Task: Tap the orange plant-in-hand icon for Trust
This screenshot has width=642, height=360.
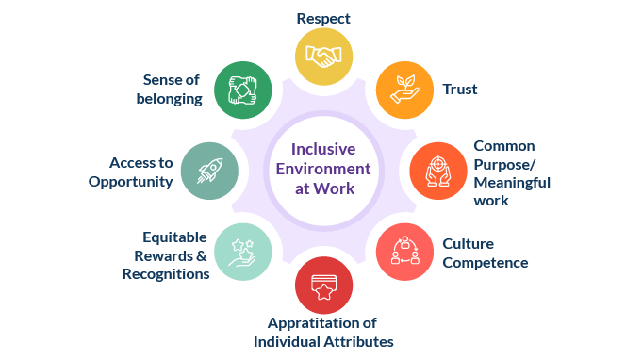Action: (x=403, y=90)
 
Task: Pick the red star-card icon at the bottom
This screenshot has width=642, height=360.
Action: (x=323, y=286)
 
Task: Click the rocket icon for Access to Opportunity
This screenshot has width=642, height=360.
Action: (x=208, y=171)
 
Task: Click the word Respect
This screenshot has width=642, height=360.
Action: (x=323, y=18)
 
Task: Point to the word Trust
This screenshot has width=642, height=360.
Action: (x=460, y=90)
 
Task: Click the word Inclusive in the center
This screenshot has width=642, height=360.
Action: (x=323, y=149)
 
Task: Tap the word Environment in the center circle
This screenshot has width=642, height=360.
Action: (x=324, y=169)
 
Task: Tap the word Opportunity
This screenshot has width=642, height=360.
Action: (x=131, y=181)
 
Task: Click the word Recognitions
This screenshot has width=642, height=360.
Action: (x=166, y=273)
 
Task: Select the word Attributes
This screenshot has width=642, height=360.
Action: (x=357, y=341)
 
